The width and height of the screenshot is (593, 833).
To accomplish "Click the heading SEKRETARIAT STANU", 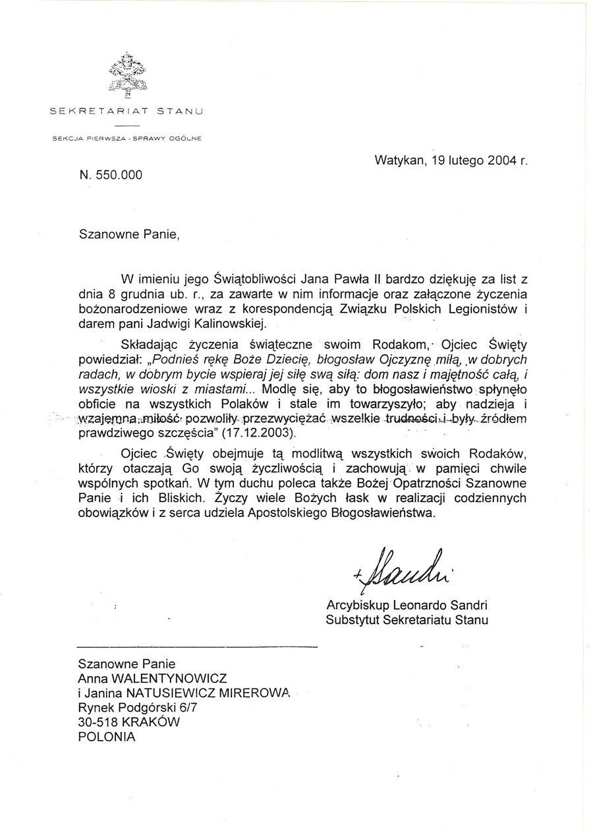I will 127,111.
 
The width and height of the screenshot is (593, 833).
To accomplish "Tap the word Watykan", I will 399,159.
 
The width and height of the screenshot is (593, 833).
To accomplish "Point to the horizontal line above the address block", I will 197,645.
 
